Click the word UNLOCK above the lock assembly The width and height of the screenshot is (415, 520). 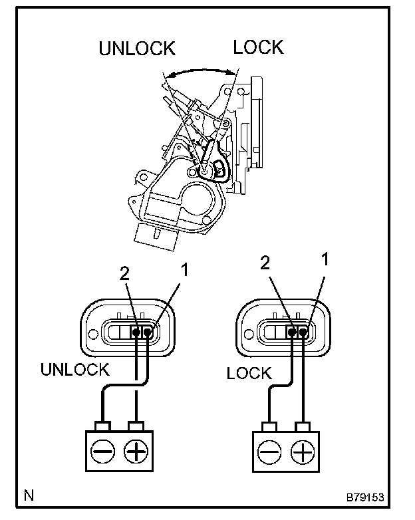tap(138, 49)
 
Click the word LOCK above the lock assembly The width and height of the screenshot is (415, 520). tap(259, 47)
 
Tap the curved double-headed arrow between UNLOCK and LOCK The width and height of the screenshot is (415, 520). tap(200, 71)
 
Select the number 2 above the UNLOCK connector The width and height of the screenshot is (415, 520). tap(124, 274)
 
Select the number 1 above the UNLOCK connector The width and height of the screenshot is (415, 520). tap(184, 269)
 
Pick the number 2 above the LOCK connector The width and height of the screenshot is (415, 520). tap(265, 263)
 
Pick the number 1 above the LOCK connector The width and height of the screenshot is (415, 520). tap(325, 259)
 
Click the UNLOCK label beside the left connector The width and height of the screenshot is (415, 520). tap(75, 370)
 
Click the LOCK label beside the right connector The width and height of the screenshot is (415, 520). tap(249, 374)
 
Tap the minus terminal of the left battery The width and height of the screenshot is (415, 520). tap(102, 452)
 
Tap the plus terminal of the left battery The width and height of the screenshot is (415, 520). tap(136, 452)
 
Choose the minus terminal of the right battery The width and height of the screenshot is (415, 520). tap(269, 452)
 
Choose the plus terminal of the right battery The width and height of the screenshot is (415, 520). tap(303, 452)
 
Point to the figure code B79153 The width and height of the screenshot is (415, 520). tap(365, 497)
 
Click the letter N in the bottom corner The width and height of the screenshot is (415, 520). tap(29, 495)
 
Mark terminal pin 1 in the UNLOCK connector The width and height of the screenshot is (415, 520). tap(147, 331)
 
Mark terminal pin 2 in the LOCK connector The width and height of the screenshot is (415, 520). tap(292, 331)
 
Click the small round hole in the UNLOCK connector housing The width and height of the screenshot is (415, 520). tap(94, 333)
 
